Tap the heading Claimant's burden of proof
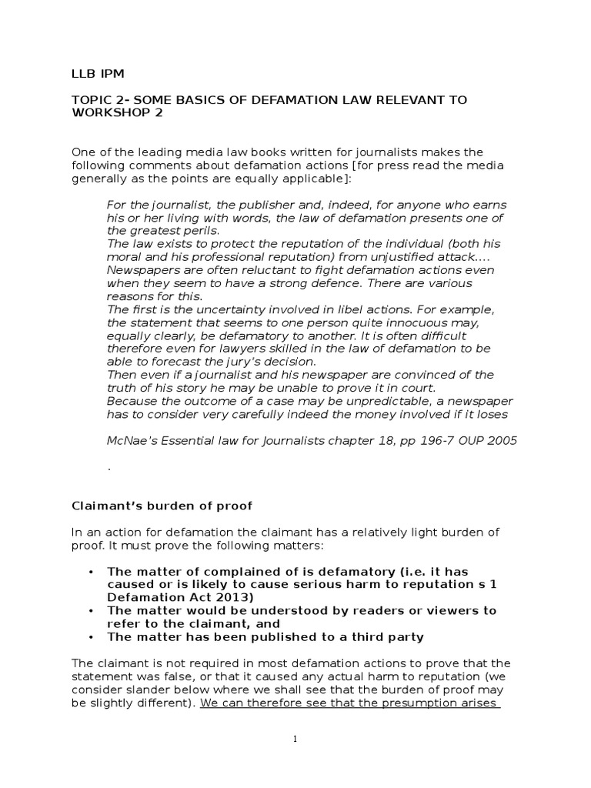tap(162, 506)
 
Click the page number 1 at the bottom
tap(295, 740)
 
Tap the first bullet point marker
tap(91, 572)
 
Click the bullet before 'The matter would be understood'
tap(91, 611)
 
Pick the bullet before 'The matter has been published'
tap(91, 637)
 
